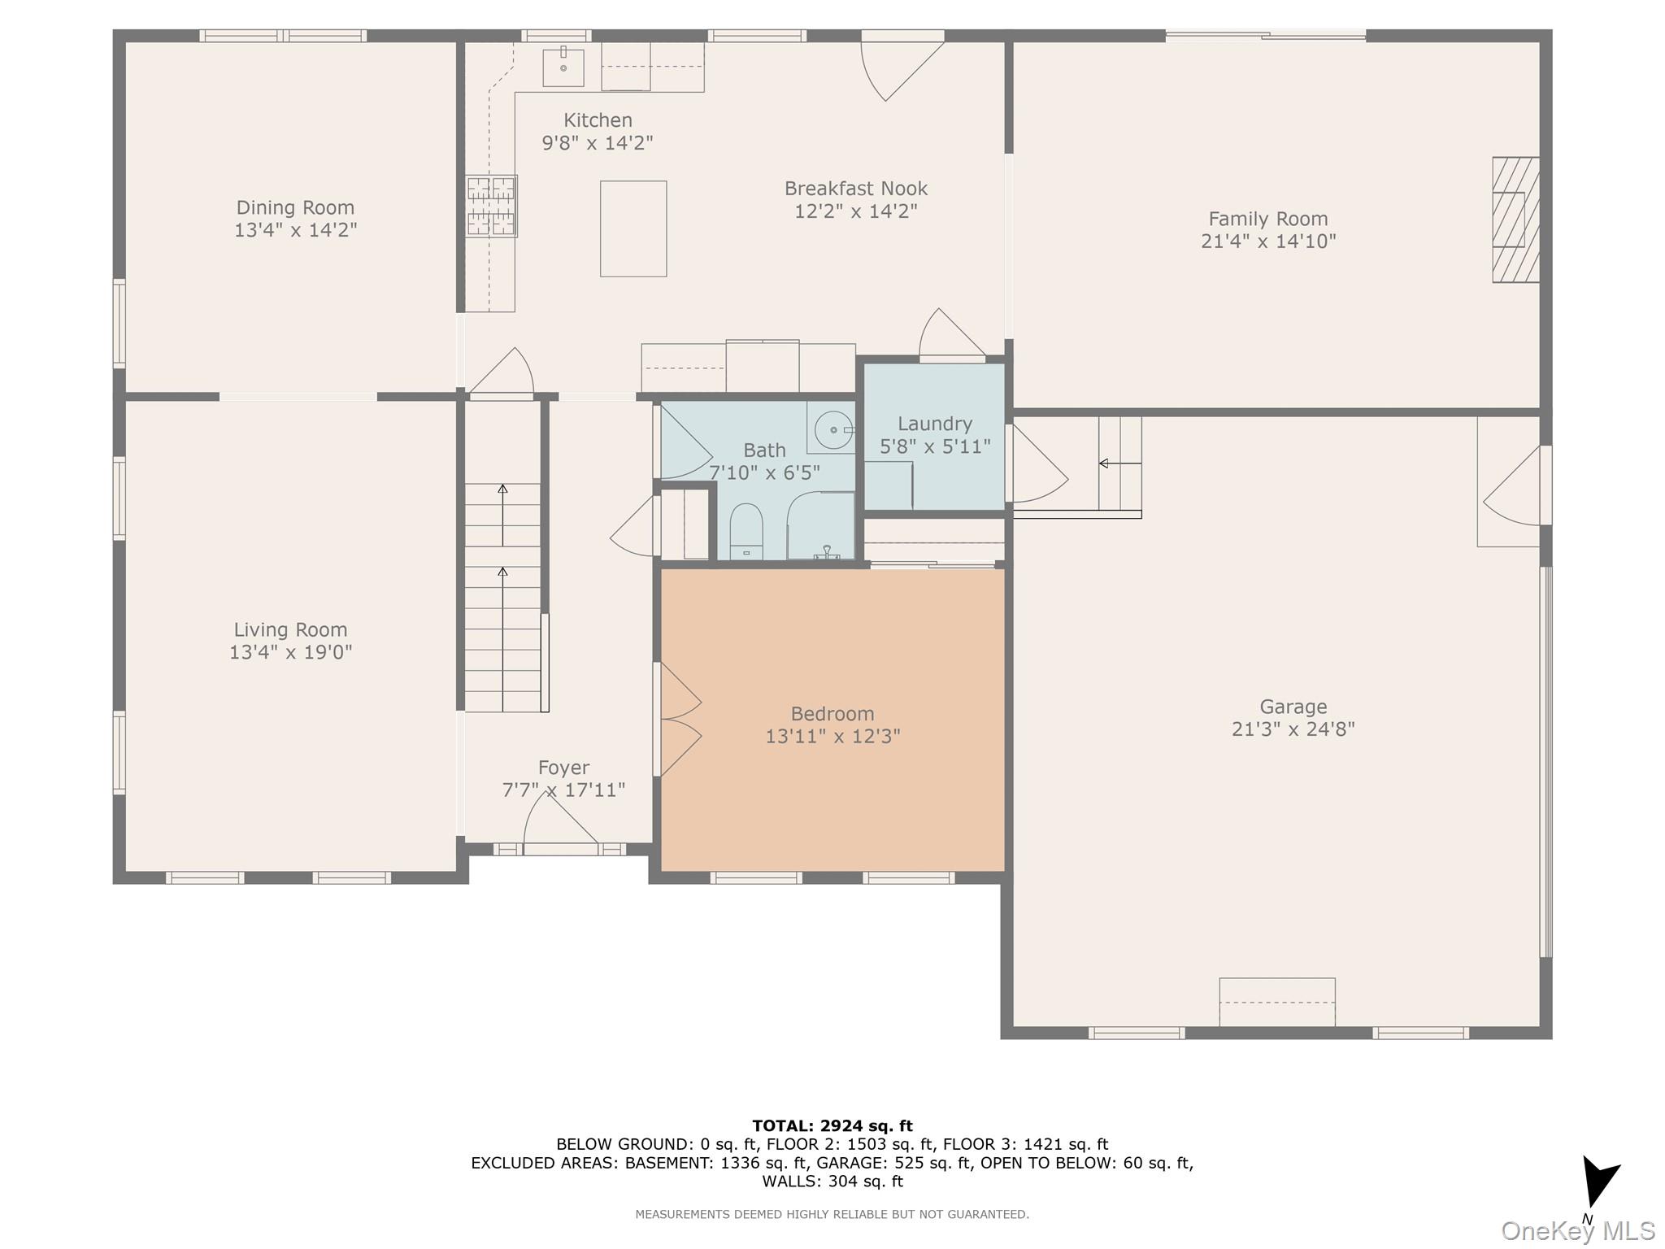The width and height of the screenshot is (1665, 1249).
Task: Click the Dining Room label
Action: pyautogui.click(x=295, y=207)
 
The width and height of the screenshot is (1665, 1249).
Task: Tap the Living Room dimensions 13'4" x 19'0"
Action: pyautogui.click(x=290, y=652)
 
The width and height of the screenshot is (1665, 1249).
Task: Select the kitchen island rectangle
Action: pyautogui.click(x=633, y=228)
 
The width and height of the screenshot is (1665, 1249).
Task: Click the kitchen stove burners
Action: pyautogui.click(x=491, y=207)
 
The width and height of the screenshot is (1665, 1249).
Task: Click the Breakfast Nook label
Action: pyautogui.click(x=856, y=189)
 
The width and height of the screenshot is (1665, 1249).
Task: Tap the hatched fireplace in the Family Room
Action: pyautogui.click(x=1515, y=220)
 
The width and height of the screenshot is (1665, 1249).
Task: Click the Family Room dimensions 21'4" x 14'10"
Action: pyautogui.click(x=1268, y=242)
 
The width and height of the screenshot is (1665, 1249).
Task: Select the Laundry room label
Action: pyautogui.click(x=935, y=424)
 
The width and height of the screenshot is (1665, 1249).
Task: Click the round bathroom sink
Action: pyautogui.click(x=833, y=429)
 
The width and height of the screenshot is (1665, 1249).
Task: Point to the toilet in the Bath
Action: pyautogui.click(x=746, y=532)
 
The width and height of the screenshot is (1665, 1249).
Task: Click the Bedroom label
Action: pyautogui.click(x=832, y=714)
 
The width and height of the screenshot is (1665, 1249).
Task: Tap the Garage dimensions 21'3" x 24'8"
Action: pyautogui.click(x=1293, y=729)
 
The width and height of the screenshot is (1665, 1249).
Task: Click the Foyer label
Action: pyautogui.click(x=563, y=768)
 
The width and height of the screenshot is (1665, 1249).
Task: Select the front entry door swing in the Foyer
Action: pyautogui.click(x=560, y=821)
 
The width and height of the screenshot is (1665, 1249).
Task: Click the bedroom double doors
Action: pyautogui.click(x=678, y=719)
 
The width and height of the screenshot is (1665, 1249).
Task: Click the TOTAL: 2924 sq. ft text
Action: pyautogui.click(x=832, y=1126)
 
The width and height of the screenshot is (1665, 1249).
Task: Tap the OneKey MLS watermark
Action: pyautogui.click(x=1577, y=1231)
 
